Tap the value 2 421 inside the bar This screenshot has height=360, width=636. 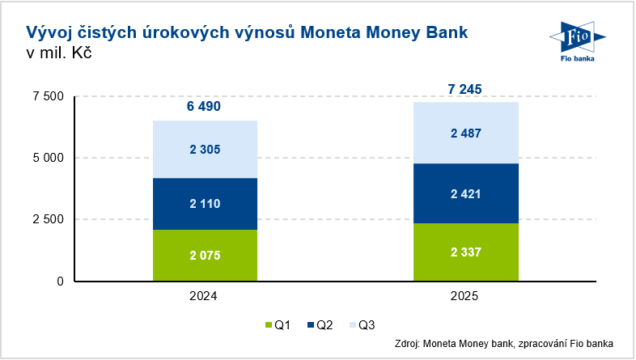[x=466, y=194]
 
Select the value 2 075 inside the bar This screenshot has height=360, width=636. [x=206, y=256]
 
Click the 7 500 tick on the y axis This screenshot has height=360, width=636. [x=47, y=96]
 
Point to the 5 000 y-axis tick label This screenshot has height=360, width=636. [x=47, y=158]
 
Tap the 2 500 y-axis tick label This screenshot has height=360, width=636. [x=47, y=219]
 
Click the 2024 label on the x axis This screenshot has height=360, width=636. [x=206, y=297]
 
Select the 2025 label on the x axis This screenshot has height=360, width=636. [x=466, y=297]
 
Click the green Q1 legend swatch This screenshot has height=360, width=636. [x=269, y=326]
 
